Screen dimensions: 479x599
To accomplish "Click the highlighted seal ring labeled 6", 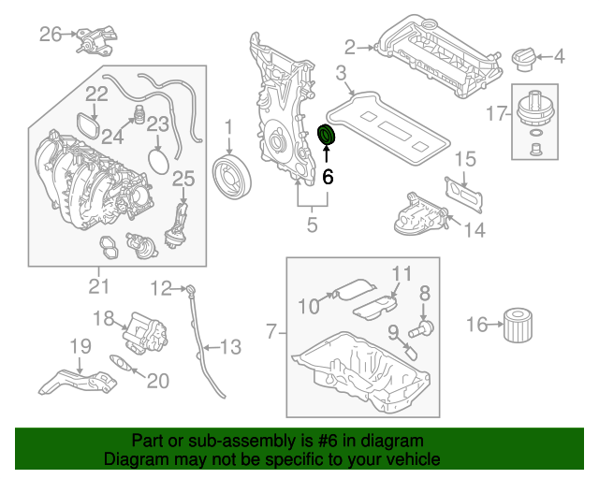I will [328, 136].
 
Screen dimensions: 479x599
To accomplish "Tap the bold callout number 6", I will [328, 175].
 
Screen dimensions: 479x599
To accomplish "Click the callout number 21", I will [99, 285].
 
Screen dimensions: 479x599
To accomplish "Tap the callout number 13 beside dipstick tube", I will [229, 347].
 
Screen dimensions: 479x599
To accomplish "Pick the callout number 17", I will [496, 113].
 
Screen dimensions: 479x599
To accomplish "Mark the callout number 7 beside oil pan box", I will [271, 330].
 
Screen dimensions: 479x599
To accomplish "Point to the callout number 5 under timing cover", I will [312, 225].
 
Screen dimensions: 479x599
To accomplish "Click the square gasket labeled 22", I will [88, 125].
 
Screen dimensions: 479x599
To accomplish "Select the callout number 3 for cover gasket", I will [342, 73].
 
